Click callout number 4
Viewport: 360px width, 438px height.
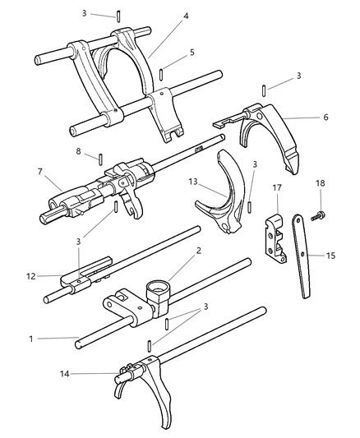pyautogui.click(x=186, y=16)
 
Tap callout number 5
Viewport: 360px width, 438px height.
pyautogui.click(x=192, y=53)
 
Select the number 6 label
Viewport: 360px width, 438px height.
pyautogui.click(x=325, y=117)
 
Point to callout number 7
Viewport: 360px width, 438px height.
pyautogui.click(x=40, y=171)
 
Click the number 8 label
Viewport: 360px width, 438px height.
pyautogui.click(x=78, y=151)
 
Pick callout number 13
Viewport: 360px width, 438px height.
pyautogui.click(x=192, y=182)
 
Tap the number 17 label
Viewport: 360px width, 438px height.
pyautogui.click(x=277, y=187)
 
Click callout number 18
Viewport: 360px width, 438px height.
pyautogui.click(x=321, y=183)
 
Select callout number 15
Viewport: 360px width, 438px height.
pyautogui.click(x=330, y=256)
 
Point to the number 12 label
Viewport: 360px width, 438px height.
pyautogui.click(x=31, y=276)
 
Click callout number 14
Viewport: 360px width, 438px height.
pyautogui.click(x=65, y=373)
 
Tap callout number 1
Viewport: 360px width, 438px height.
pyautogui.click(x=31, y=339)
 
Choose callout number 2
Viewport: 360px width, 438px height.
pyautogui.click(x=199, y=251)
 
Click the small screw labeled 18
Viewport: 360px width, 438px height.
pyautogui.click(x=318, y=216)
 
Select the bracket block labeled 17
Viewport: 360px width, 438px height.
pyautogui.click(x=275, y=238)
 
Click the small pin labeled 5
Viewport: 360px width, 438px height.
pyautogui.click(x=161, y=75)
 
